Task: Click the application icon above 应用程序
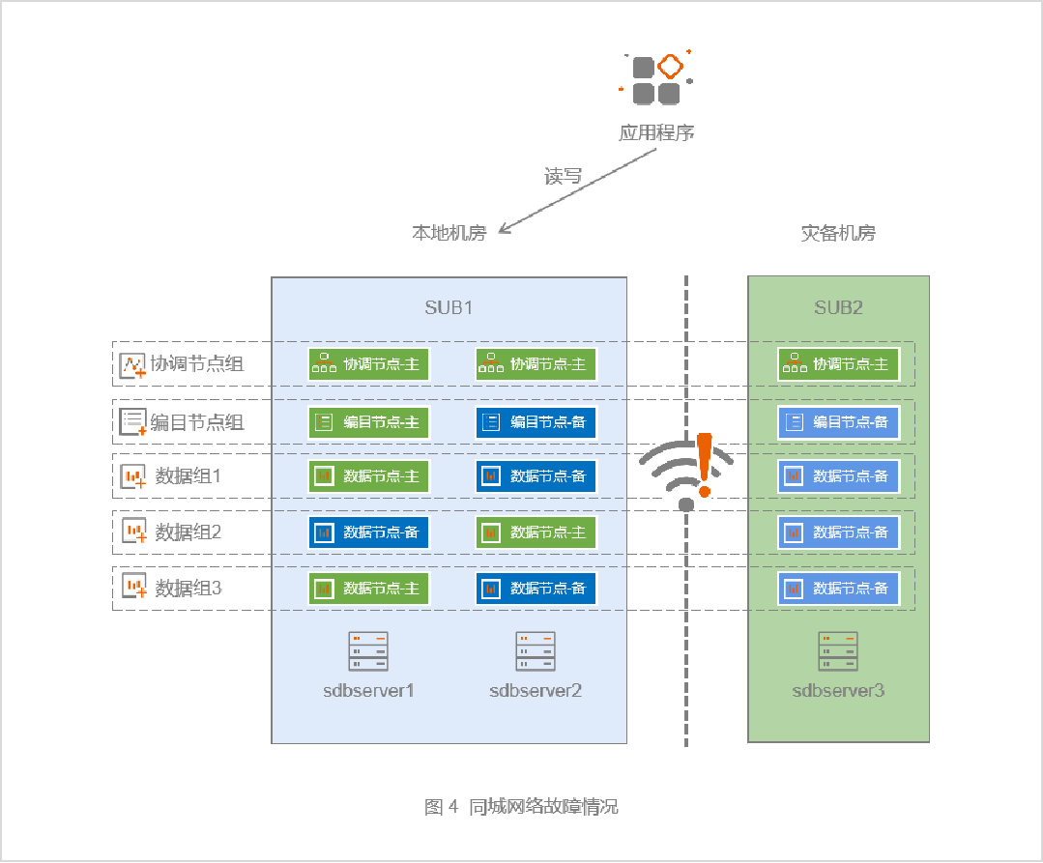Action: pos(656,79)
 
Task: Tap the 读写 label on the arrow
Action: pos(564,177)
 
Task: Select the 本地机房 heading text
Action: pos(449,233)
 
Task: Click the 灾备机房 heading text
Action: pos(838,233)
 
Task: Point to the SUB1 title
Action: pos(449,308)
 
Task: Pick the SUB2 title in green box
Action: pos(838,308)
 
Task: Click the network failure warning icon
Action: pos(687,470)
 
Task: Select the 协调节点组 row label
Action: pos(196,364)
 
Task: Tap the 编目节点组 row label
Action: pos(196,421)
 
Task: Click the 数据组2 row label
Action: pos(188,532)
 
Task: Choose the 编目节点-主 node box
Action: pos(369,421)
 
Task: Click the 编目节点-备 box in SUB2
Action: pos(838,421)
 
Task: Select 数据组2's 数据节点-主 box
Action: pos(536,532)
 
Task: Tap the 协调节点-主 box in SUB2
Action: pos(838,364)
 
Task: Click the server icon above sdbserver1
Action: pos(368,651)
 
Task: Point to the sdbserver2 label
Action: pos(536,690)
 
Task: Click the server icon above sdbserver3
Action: pos(838,651)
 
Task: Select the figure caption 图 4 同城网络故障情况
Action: pos(521,807)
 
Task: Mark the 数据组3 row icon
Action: pos(133,587)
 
